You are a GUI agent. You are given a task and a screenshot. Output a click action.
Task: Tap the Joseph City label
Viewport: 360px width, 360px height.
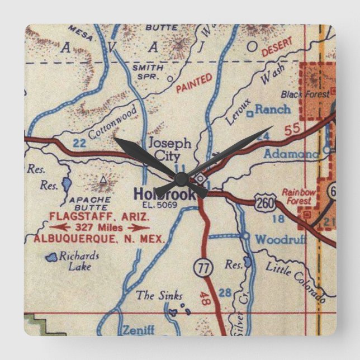169,149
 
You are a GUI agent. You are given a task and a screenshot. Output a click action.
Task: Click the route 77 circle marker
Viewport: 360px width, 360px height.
203,268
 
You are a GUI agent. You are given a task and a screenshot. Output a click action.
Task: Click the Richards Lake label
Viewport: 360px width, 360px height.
79,261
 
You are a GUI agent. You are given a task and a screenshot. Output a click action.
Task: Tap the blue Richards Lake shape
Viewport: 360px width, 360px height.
52,257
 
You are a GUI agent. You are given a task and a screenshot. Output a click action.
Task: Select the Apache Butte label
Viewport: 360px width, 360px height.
87,202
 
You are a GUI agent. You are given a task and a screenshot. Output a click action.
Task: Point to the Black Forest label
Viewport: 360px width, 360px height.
305,94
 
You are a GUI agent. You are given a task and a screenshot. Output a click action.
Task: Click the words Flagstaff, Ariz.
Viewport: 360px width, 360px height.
99,216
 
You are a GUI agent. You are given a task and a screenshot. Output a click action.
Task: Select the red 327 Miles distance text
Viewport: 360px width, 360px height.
98,228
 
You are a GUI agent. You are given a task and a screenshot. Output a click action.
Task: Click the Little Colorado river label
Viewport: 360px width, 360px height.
295,282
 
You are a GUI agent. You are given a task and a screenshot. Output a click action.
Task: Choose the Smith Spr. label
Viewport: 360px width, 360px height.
148,72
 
